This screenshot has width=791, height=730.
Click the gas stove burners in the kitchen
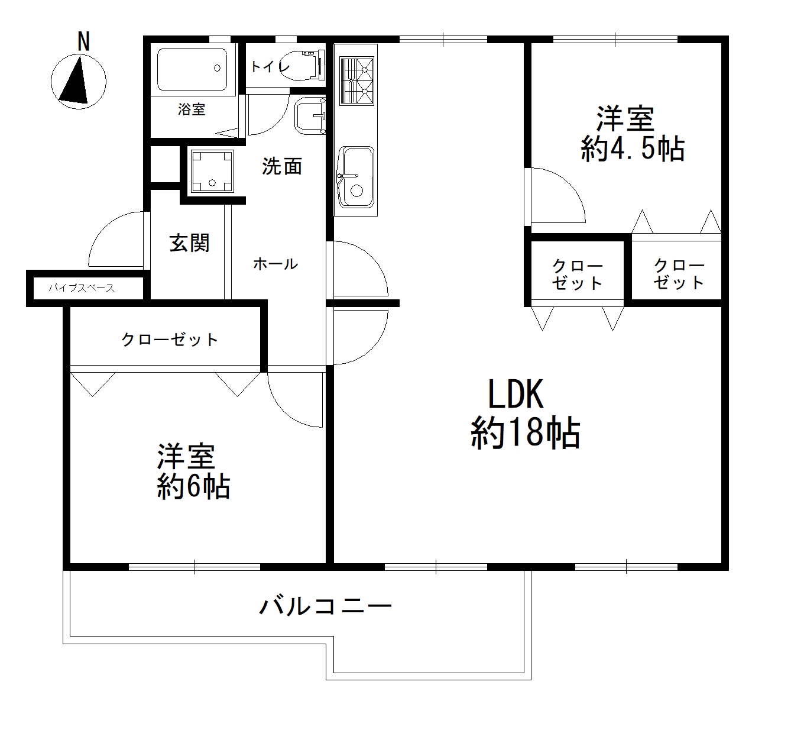(x=356, y=81)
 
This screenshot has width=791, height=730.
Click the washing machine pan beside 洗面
(x=211, y=171)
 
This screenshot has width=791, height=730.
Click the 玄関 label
(x=190, y=243)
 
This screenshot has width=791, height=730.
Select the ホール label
(x=275, y=264)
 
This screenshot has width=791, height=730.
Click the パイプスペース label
(x=82, y=289)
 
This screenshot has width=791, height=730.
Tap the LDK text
(x=515, y=395)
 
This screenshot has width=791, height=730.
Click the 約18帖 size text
(x=525, y=434)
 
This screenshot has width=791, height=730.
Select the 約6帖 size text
(x=193, y=487)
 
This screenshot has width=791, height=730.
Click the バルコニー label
(x=326, y=606)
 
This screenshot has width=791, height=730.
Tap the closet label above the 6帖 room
(x=170, y=340)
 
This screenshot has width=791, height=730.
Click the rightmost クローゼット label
(x=679, y=274)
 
